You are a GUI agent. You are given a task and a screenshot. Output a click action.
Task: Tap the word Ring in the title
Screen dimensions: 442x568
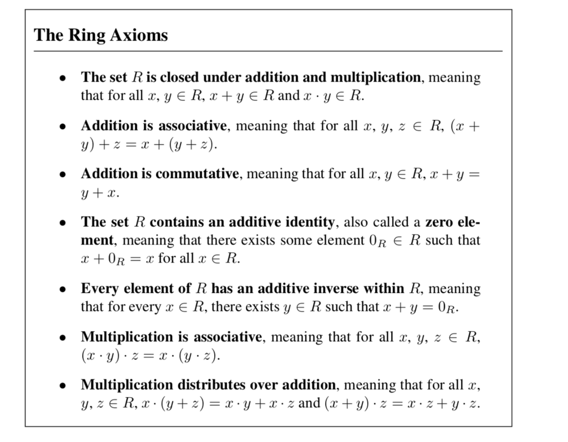coord(88,35)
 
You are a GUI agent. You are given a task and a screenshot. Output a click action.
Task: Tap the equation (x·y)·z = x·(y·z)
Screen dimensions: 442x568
coord(150,355)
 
